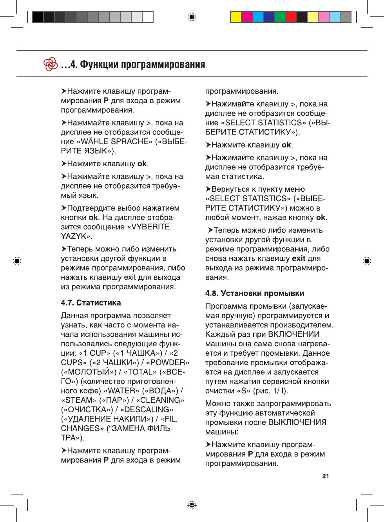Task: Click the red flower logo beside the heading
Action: pyautogui.click(x=51, y=64)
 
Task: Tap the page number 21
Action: pyautogui.click(x=326, y=476)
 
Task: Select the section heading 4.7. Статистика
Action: pyautogui.click(x=91, y=303)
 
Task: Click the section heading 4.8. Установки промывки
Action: pyautogui.click(x=254, y=293)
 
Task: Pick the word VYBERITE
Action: pyautogui.click(x=150, y=227)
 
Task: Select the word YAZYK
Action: pyautogui.click(x=73, y=236)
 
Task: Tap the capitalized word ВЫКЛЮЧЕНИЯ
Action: pyautogui.click(x=297, y=422)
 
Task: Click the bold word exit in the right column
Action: pyautogui.click(x=298, y=258)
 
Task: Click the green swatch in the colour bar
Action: pyautogui.click(x=280, y=17)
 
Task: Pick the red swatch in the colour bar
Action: pyautogui.click(x=291, y=17)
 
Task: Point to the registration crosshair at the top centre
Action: pyautogui.click(x=192, y=17)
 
